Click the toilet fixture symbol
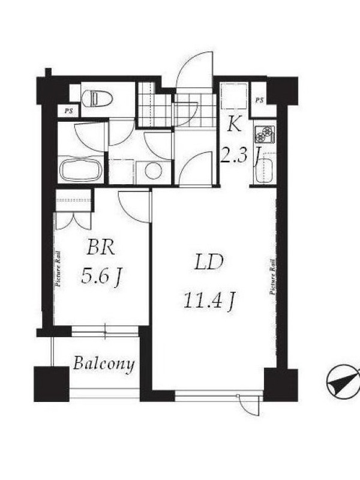click(x=97, y=98)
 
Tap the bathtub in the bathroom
click(x=81, y=169)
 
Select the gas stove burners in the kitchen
click(x=265, y=134)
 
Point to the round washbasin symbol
click(x=153, y=170)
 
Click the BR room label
click(x=101, y=247)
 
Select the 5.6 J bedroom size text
click(x=101, y=275)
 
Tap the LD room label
click(x=209, y=262)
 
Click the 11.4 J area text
click(x=209, y=301)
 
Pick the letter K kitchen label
click(x=234, y=125)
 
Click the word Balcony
click(x=104, y=364)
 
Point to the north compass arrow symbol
click(x=343, y=381)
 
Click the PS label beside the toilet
click(x=68, y=111)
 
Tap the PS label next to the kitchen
click(x=260, y=100)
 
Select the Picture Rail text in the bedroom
click(x=58, y=269)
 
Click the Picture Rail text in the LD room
click(x=273, y=277)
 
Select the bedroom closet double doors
click(x=73, y=221)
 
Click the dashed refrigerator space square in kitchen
click(x=234, y=96)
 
